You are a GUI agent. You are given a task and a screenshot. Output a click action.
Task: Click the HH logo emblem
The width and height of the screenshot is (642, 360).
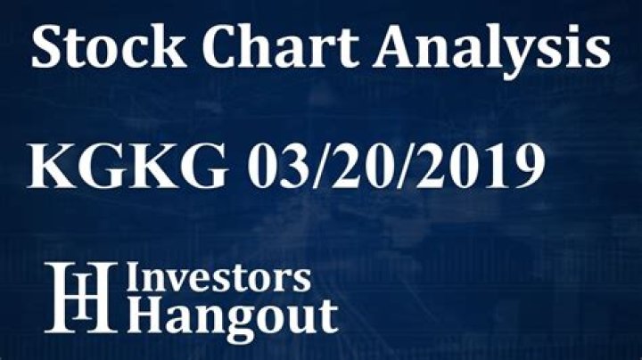click(x=81, y=298)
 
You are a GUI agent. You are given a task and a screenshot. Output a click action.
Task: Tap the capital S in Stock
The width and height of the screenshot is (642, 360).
click(x=45, y=48)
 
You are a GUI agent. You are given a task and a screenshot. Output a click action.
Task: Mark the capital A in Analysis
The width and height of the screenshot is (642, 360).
click(x=366, y=48)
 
